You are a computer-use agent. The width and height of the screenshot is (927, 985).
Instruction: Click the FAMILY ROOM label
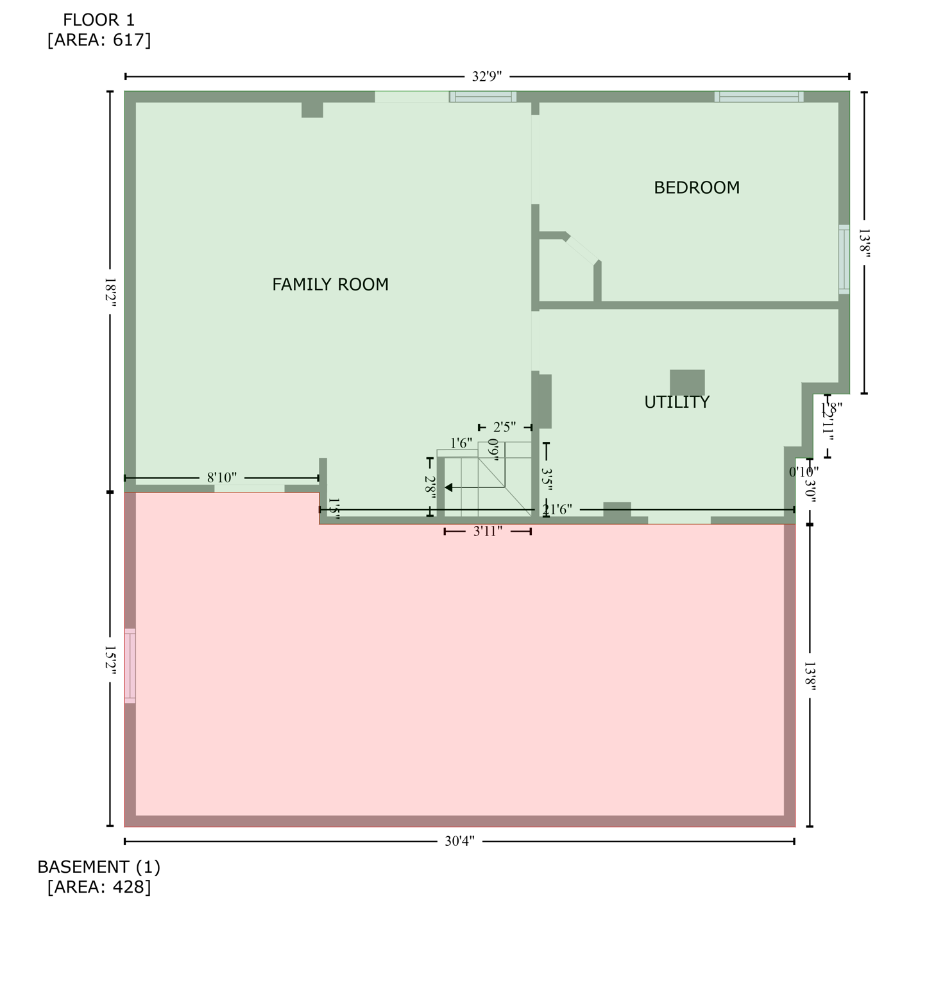coord(330,284)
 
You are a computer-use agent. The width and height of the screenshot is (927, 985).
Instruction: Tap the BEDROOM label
coord(696,187)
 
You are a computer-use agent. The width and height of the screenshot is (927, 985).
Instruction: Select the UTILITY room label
coord(676,402)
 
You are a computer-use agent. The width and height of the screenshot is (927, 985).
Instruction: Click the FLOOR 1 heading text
coord(99,20)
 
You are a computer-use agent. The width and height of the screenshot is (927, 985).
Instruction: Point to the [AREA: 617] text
coord(99,40)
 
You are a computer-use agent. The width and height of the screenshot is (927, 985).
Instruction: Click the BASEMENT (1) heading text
coord(99,867)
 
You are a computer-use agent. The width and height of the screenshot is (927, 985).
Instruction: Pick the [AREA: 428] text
coord(99,887)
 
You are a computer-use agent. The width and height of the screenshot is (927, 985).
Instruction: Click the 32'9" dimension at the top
coord(486,77)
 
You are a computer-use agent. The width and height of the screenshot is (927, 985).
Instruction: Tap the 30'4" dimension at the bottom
coord(459,841)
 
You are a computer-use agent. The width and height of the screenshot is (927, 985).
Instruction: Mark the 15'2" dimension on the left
coord(110,659)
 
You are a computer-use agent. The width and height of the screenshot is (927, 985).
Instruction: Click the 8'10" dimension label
coord(221,478)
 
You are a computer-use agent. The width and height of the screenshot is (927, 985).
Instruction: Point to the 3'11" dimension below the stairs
coord(488,532)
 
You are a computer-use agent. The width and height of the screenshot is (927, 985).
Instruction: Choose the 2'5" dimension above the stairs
coord(504,427)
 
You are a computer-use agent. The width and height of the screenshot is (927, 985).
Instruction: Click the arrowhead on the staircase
coord(448,488)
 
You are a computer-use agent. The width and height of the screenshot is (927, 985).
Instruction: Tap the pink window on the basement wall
coord(130,666)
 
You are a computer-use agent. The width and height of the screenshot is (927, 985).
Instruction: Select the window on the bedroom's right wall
coord(844,260)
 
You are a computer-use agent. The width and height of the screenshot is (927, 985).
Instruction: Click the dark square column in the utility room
coord(687,382)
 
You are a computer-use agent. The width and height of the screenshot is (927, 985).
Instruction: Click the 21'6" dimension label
coord(557,510)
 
